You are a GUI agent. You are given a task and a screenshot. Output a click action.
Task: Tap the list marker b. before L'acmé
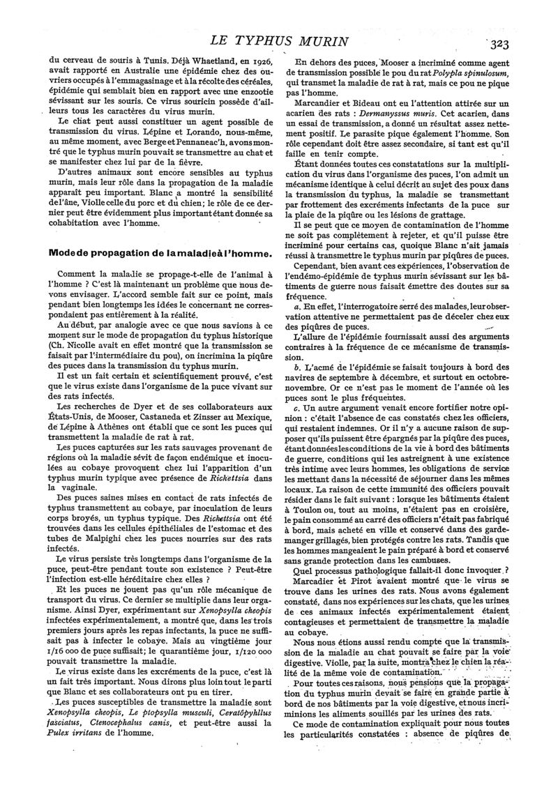click(x=297, y=367)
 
